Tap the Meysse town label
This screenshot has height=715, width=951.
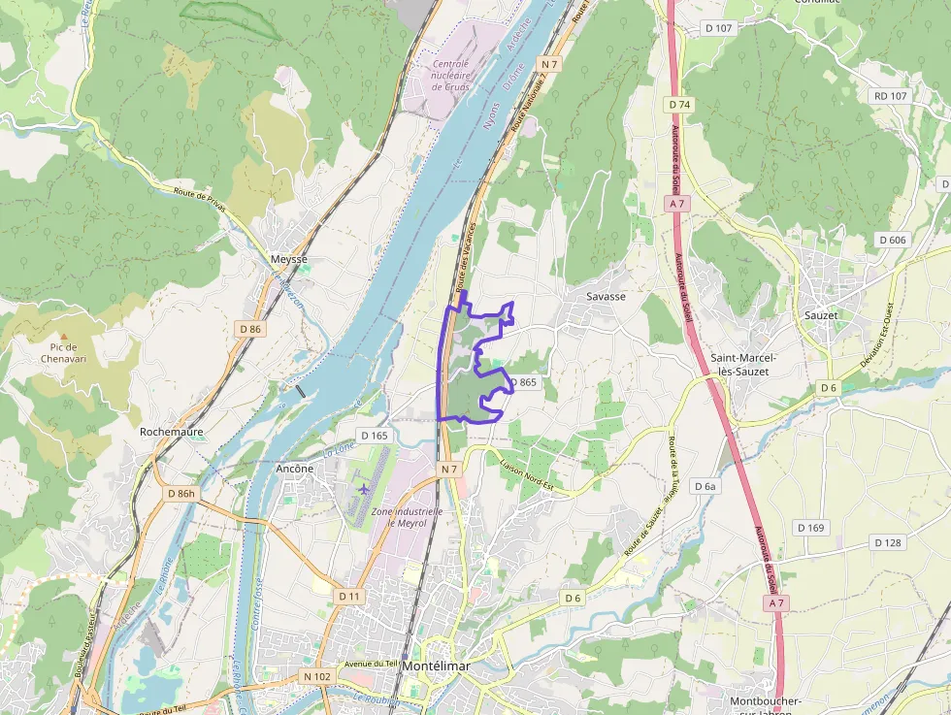pos(288,259)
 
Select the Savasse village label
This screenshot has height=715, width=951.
pos(606,296)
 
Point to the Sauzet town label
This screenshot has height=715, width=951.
pos(821,314)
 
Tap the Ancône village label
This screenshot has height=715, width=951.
pos(295,468)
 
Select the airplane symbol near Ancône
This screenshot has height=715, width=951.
pos(363,488)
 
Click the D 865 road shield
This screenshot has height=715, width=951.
pos(522,382)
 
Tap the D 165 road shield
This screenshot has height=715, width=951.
pos(374,436)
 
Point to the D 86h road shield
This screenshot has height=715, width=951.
pos(180,494)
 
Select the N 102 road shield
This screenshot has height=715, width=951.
pos(317,676)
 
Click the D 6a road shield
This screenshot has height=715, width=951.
pos(705,485)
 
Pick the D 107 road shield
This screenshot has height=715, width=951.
pos(719,28)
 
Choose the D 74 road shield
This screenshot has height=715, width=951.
pos(678,104)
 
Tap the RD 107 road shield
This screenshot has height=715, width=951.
pos(890,96)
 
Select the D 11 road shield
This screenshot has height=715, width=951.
pos(349,595)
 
